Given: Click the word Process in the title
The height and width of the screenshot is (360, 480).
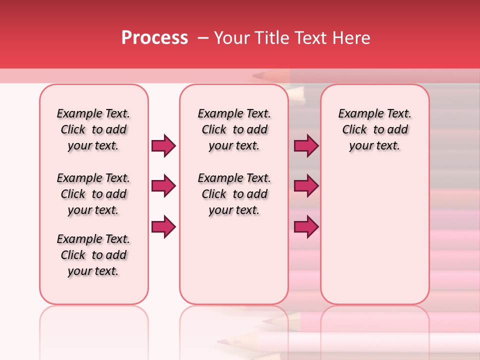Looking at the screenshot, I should coord(154,38).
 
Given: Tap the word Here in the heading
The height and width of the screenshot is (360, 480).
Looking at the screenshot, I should coord(351,38).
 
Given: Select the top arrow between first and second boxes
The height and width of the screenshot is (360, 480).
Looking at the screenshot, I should coord(163,146).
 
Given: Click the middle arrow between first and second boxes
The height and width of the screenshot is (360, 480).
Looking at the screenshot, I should coord(163,186).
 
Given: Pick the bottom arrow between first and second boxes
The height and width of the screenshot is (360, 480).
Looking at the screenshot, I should coord(163,227).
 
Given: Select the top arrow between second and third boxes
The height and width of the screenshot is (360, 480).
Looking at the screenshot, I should coord(306,146).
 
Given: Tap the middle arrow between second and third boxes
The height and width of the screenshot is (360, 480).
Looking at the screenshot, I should coord(306,186).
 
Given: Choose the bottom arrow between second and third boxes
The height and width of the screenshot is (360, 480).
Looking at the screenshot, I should coord(306,227).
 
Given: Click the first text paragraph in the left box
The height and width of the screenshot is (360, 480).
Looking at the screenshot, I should coord(93,129).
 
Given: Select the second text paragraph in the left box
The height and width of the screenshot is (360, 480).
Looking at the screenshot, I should coord(93,194).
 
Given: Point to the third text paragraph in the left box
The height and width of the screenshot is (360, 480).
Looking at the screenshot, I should coord(93,255).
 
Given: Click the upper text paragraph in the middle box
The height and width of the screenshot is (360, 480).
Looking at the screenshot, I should coord(234,129).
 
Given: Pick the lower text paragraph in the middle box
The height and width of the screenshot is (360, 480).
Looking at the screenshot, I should coord(234,194).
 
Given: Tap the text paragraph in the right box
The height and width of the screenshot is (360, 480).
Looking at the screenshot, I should coord(374,129).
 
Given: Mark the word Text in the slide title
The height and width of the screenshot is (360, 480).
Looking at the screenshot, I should coord(312,38).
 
